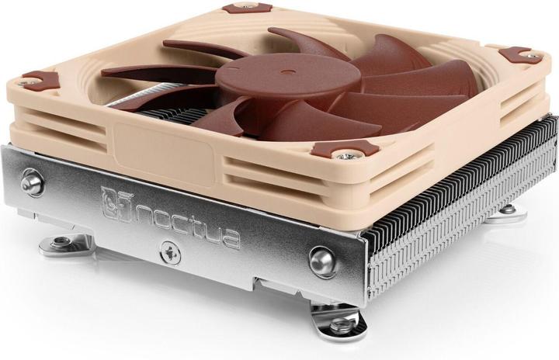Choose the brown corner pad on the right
coord(520,54)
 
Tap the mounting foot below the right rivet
coord(335,320)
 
